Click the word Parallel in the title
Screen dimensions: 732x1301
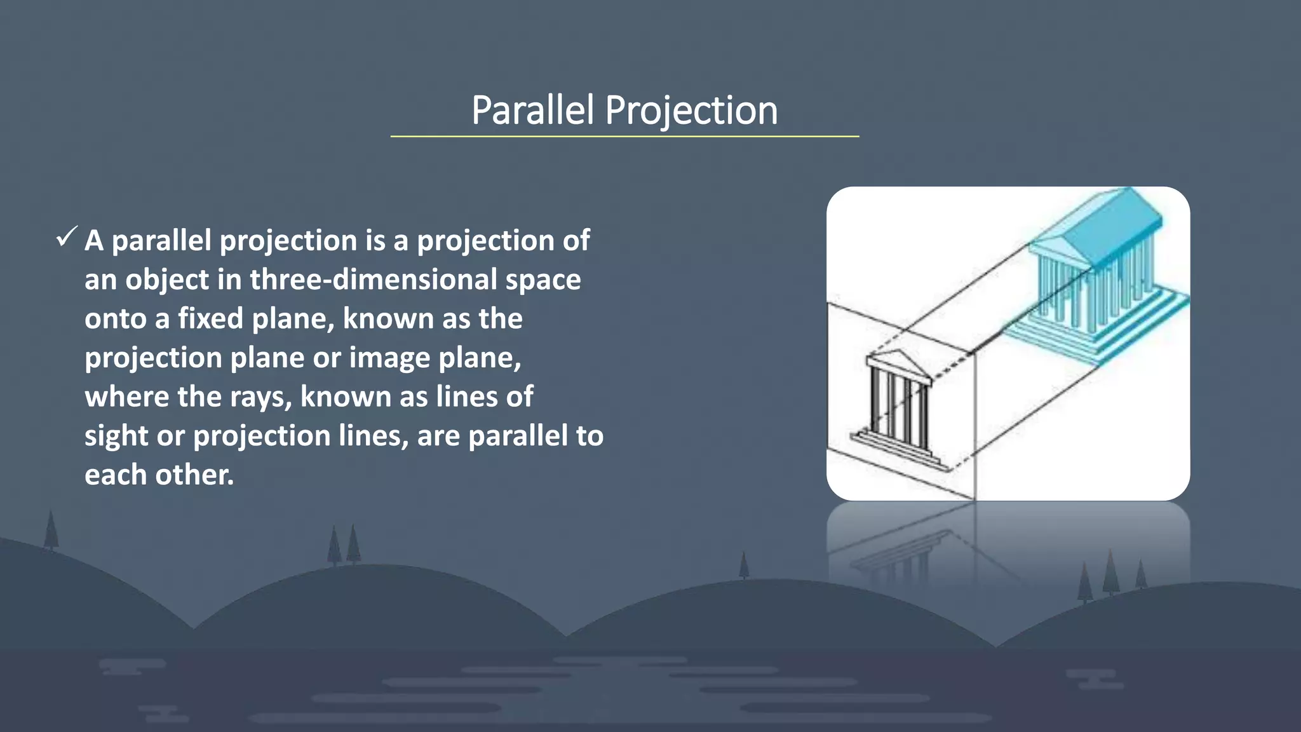coord(532,110)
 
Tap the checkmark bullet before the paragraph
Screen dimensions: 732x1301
coord(66,238)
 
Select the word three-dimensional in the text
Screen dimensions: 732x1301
coord(374,280)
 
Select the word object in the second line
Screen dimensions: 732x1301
coord(166,280)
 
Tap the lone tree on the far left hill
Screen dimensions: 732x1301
coord(51,531)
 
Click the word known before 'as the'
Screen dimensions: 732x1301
coord(388,318)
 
